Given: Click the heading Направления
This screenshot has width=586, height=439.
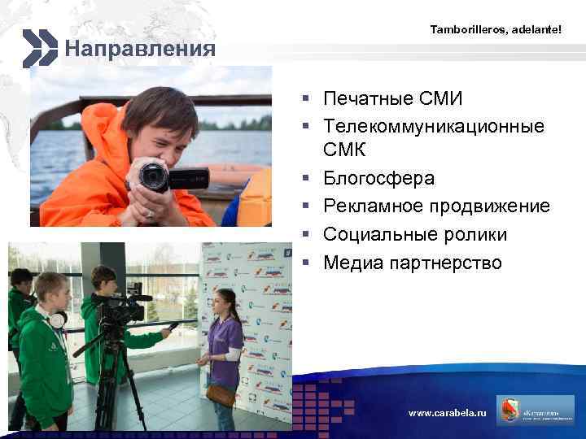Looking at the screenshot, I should tap(140, 50).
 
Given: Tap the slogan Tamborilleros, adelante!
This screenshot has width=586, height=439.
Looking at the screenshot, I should tap(495, 29).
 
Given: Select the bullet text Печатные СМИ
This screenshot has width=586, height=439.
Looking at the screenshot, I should tap(392, 99).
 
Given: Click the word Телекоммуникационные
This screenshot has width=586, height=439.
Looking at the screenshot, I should tap(434, 126).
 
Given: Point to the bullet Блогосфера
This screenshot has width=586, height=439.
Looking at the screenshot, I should tap(378, 178).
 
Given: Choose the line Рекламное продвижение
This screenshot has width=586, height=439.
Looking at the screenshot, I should tap(436, 206).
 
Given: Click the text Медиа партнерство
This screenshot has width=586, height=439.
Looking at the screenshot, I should tap(413, 263).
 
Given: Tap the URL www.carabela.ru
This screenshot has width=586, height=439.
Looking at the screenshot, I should tap(447, 413).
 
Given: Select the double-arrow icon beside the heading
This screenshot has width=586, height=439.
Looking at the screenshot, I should tap(39, 48).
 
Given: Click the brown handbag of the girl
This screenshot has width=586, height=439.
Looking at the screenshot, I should tap(221, 394).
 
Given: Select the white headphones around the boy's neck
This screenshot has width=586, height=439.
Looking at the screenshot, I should tap(55, 319).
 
